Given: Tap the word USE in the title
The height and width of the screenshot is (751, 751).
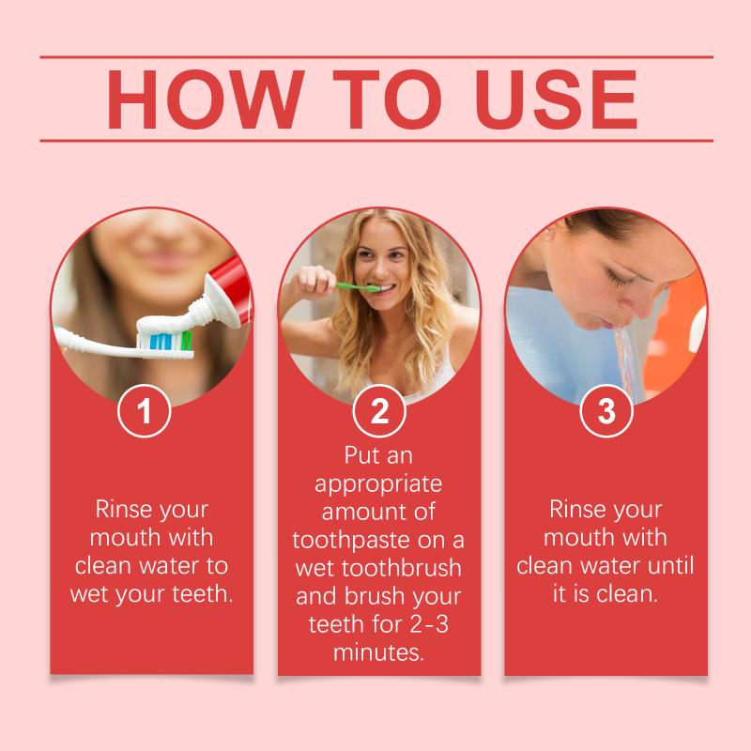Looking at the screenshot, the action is (x=556, y=100).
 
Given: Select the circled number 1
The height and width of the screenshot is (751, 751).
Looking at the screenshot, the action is (x=145, y=411).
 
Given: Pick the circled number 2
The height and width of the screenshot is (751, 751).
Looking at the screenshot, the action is (x=379, y=411).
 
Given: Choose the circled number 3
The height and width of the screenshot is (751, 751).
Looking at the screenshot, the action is (x=606, y=411).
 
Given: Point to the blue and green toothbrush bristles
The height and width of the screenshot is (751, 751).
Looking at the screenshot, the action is (x=164, y=340).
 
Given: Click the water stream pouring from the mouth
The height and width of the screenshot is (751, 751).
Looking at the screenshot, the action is (x=626, y=363).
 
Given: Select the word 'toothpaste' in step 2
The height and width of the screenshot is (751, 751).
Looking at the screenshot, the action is (x=350, y=541).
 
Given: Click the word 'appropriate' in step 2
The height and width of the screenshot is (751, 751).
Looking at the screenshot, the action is (x=378, y=484).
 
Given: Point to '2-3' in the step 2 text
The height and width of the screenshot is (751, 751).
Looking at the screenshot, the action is (x=429, y=624).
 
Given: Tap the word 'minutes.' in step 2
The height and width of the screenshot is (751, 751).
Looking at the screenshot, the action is (x=379, y=652).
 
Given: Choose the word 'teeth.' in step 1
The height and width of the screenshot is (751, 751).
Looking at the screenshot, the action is (x=203, y=593).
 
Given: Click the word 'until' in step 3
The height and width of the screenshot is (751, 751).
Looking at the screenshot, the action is (x=670, y=565).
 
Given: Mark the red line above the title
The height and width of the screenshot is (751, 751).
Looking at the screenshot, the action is (x=376, y=57).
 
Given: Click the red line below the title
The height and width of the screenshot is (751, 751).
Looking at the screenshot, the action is (x=376, y=141).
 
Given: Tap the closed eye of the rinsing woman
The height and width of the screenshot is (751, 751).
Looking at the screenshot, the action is (x=618, y=278).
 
